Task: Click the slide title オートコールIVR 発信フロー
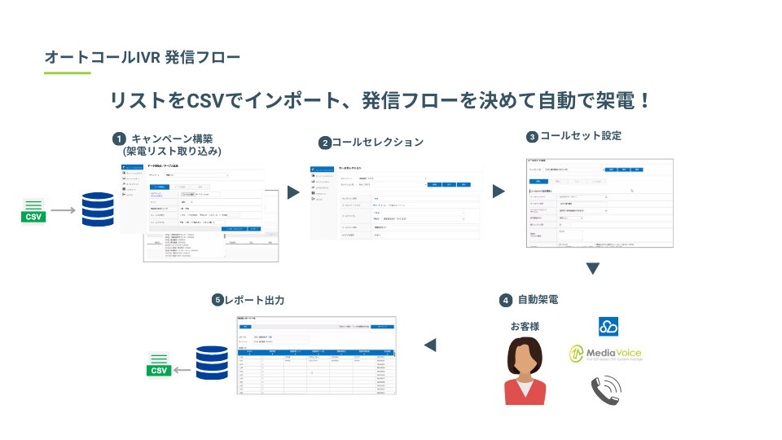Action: coord(143,58)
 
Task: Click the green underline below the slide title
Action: coord(67,73)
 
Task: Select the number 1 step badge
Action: coord(119,139)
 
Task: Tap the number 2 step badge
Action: coord(324,143)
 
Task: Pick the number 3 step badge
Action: coord(532,137)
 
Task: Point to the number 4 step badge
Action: coord(506,300)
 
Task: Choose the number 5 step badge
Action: coord(217,300)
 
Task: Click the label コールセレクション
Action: coord(377,142)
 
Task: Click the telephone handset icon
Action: coord(608,391)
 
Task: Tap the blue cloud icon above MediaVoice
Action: coord(608,326)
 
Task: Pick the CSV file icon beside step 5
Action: coord(159,364)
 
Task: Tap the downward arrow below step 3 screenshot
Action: coord(593,268)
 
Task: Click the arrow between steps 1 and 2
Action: coord(293,192)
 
